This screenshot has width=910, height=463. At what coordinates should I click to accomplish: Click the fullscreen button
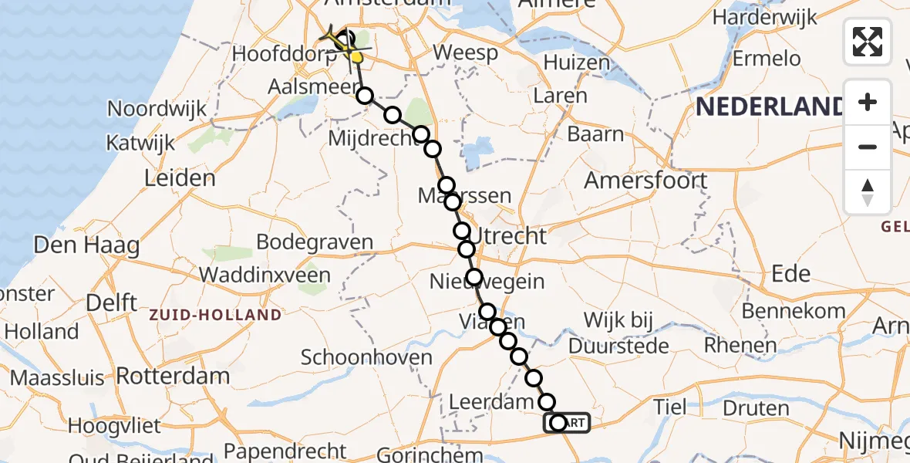click(868, 42)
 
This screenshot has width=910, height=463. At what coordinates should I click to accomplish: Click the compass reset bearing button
click(868, 191)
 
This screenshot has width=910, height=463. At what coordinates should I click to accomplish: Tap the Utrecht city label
click(510, 235)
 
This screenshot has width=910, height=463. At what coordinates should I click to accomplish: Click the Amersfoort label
click(645, 181)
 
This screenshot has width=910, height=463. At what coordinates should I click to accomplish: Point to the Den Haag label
click(86, 247)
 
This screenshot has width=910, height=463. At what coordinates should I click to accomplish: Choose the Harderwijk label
click(763, 16)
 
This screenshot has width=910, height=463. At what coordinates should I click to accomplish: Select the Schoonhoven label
click(366, 357)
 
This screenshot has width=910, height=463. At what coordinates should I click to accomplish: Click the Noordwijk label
click(157, 108)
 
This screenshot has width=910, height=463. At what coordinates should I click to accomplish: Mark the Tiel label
click(669, 406)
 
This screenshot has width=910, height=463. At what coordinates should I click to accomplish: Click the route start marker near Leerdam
click(558, 423)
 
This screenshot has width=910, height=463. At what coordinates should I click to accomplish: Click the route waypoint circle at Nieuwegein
click(474, 277)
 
